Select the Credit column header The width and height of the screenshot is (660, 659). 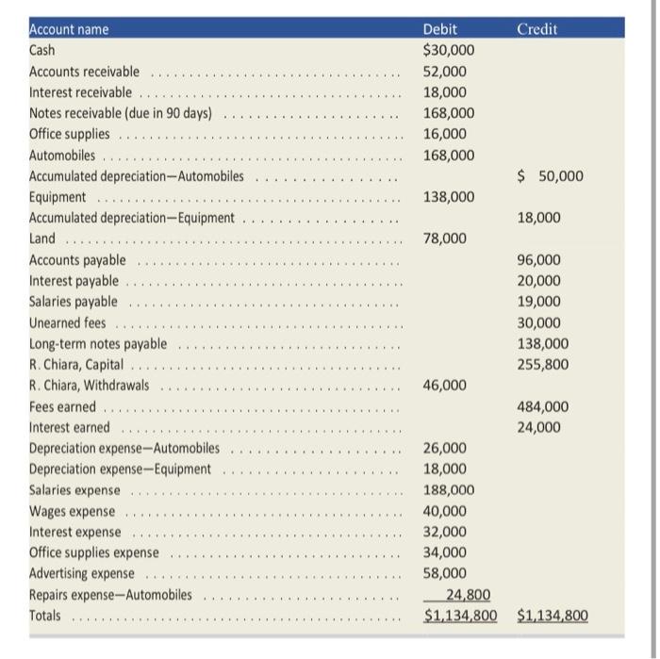coord(537,29)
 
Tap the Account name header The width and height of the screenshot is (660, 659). coord(69,29)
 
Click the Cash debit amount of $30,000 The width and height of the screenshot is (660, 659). coord(449,50)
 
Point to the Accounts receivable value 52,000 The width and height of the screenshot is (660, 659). coord(445,72)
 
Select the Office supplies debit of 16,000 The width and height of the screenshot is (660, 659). coord(445,134)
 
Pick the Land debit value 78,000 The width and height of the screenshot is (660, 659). coord(445,239)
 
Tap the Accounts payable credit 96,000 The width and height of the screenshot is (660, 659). coord(539,260)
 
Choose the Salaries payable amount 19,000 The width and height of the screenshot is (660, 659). coord(539,302)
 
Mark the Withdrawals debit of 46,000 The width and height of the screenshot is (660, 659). coord(445,386)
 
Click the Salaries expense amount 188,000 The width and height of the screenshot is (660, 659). coord(449,490)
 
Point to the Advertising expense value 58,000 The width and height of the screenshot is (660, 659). coord(445,573)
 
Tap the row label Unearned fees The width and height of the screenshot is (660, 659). coord(68,322)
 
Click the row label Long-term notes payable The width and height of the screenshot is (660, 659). coord(98,344)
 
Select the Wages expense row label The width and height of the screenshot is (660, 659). coord(73,511)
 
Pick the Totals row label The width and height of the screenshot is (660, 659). coord(45,616)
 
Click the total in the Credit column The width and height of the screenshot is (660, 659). coord(553,617)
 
